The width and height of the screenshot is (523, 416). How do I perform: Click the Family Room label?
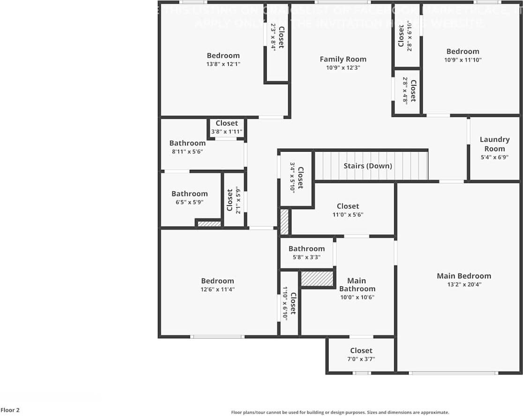[x=343, y=59]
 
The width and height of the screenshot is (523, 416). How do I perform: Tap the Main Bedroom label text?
[x=463, y=276]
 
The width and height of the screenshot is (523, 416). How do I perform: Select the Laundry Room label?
[x=494, y=144]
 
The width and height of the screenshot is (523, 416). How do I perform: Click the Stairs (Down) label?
[x=367, y=166]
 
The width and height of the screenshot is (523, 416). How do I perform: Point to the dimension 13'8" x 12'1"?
[x=224, y=64]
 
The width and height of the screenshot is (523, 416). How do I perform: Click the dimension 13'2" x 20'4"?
[x=463, y=285]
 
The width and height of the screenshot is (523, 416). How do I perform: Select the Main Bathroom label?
[x=357, y=285]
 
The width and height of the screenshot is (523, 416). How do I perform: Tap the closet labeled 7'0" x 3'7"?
[x=361, y=355]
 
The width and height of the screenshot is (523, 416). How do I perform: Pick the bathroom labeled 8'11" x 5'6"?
[x=187, y=147]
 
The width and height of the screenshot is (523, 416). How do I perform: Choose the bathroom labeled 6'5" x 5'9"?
[x=189, y=197]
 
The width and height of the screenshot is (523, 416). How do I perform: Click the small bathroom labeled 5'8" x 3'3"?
[x=306, y=253]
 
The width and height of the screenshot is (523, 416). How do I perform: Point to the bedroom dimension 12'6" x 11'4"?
[x=217, y=289]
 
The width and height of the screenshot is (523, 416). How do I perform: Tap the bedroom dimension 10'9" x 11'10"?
[x=463, y=60]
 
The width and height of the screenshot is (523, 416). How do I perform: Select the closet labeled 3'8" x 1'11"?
[x=226, y=127]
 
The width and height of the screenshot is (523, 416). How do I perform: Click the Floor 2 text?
[x=10, y=410]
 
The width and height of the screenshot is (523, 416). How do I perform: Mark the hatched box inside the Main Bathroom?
[x=317, y=279]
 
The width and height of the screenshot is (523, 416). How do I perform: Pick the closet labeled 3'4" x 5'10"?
[x=296, y=178]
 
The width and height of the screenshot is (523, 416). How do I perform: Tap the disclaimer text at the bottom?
[x=340, y=412]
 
